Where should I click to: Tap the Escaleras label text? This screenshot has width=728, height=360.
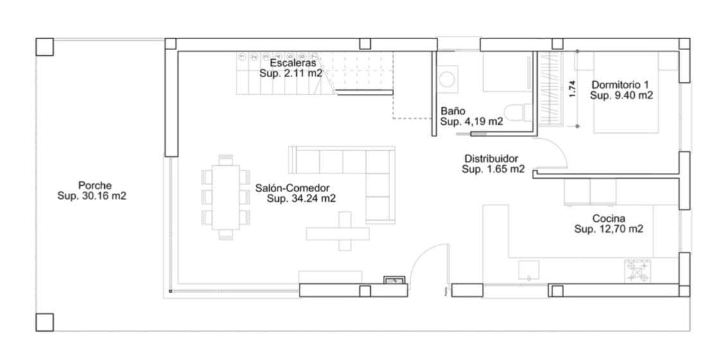(x=293, y=64)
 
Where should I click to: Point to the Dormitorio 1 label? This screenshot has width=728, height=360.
(x=621, y=84)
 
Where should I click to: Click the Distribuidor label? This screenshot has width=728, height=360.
(x=491, y=159)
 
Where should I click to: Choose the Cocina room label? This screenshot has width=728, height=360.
(x=608, y=218)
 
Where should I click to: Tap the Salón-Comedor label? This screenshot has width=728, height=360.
(x=292, y=188)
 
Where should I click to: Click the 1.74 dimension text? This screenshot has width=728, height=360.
(x=573, y=88)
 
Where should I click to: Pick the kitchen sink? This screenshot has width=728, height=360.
(x=529, y=269)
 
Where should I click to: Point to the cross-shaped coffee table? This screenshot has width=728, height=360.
(x=345, y=232)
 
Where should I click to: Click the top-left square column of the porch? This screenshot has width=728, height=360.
(x=44, y=46)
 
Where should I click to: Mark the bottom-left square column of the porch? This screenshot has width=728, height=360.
(x=44, y=322)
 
